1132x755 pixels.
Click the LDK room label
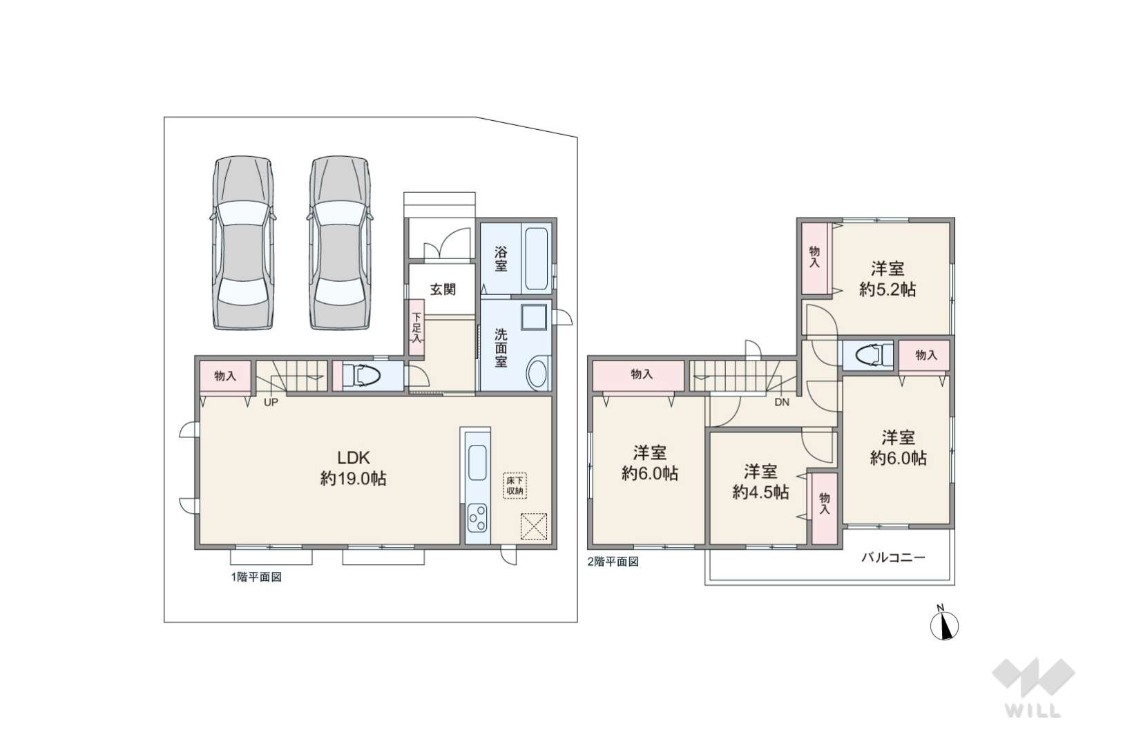[x=353, y=458]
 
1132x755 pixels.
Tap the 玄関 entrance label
[x=443, y=289]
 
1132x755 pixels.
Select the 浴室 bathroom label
[x=500, y=259]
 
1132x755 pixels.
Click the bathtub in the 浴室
[x=536, y=259]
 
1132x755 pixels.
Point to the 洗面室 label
[x=500, y=348]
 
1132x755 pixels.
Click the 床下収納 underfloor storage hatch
[x=515, y=486]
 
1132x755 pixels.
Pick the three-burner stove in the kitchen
[x=477, y=517]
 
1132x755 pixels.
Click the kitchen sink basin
[x=477, y=462]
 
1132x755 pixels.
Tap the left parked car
[x=243, y=242]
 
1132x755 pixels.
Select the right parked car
[x=340, y=242]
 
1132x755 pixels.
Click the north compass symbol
[x=944, y=625]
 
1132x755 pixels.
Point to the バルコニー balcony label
[x=893, y=557]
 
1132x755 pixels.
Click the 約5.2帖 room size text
[x=888, y=289]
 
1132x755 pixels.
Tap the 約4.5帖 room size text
[x=760, y=492]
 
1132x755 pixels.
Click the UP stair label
[x=271, y=403]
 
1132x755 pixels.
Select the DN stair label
[x=782, y=402]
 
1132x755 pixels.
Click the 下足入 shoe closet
[x=416, y=327]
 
